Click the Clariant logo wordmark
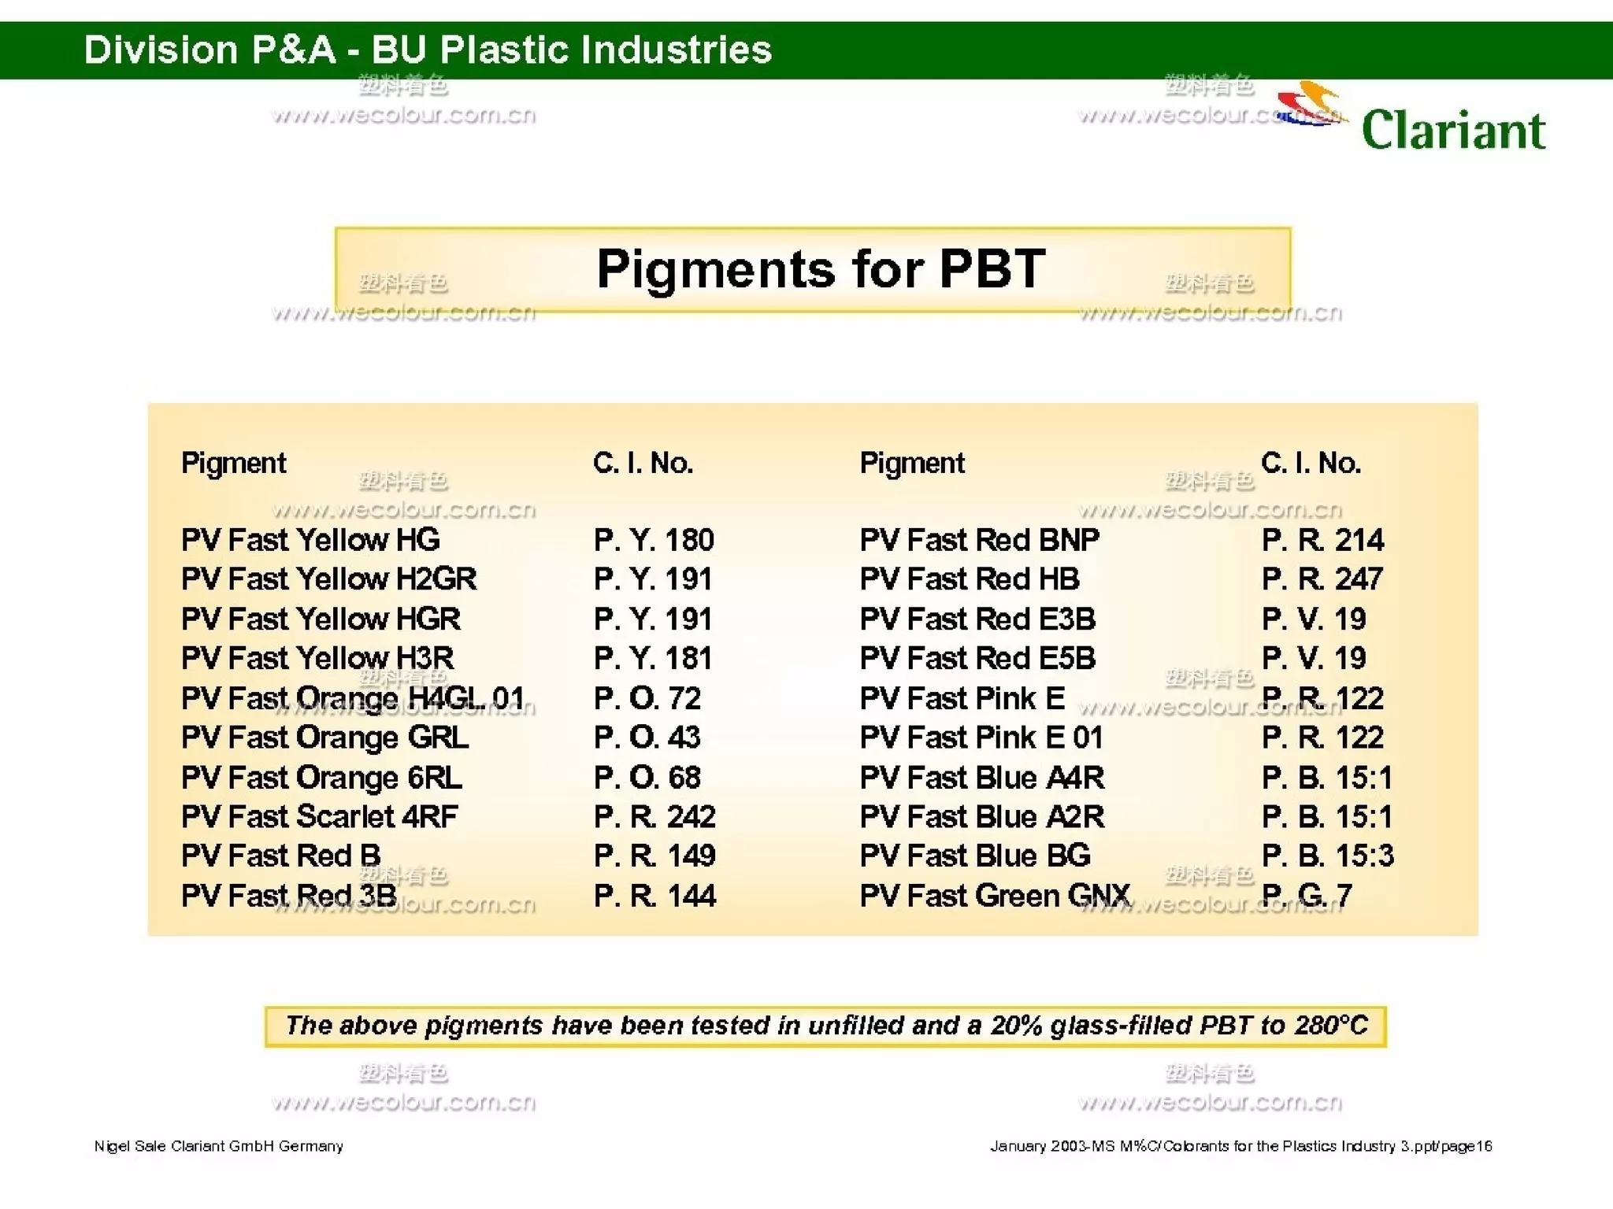[1453, 130]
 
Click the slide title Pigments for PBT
[821, 269]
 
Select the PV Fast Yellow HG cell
[310, 540]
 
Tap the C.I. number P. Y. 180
[654, 540]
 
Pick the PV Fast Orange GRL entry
[324, 738]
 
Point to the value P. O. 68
[647, 778]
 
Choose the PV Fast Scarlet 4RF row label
[319, 817]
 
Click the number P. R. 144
[654, 896]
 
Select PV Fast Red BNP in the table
[979, 540]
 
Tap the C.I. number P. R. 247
[1322, 579]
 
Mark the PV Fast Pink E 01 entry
[981, 738]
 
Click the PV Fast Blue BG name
[975, 856]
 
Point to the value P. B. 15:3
[1327, 856]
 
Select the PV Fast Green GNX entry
[995, 896]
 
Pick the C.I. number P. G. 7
[1307, 896]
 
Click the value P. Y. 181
[653, 658]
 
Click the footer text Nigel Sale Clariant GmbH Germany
[219, 1146]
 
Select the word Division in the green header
[161, 50]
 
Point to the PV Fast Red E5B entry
[977, 658]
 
